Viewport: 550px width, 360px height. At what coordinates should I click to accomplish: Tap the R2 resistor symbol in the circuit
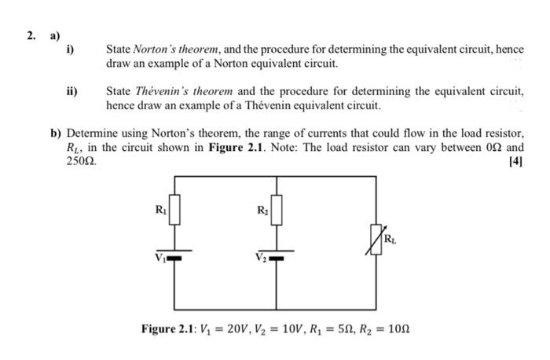pyautogui.click(x=276, y=211)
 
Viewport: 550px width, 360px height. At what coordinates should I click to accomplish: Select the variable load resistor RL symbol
pyautogui.click(x=377, y=237)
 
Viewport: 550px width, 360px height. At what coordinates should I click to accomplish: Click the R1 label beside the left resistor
pyautogui.click(x=160, y=208)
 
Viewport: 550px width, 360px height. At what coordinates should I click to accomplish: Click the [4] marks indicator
pyautogui.click(x=515, y=162)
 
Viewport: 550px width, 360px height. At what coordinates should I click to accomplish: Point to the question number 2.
pyautogui.click(x=30, y=35)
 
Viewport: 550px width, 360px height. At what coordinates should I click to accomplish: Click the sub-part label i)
pyautogui.click(x=70, y=50)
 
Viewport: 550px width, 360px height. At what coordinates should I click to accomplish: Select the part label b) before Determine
pyautogui.click(x=55, y=134)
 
